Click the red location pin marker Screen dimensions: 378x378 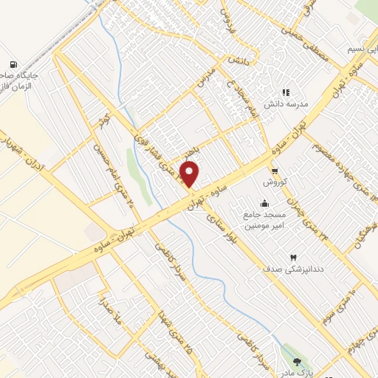point(190,174)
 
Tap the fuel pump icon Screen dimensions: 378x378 point(13,66)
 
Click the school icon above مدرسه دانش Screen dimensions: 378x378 point(285,93)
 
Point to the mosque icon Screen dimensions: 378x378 point(264,204)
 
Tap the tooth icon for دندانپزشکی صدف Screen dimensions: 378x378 point(295,258)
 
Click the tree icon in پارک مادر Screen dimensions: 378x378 point(298,362)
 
